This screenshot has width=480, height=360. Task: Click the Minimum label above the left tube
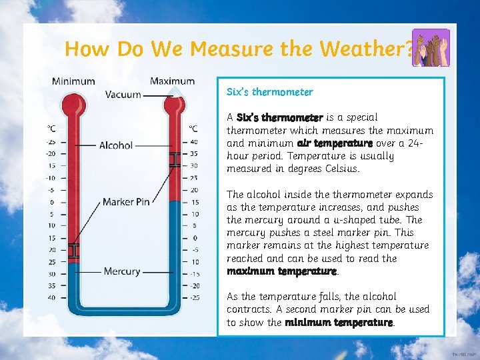73,81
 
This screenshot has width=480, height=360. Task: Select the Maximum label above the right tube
172,81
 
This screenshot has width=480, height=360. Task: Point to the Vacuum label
123,95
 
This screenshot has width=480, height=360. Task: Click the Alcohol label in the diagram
116,145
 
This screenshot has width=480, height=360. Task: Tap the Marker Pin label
126,201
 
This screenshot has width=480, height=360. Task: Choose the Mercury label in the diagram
122,271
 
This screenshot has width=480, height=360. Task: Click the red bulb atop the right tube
174,104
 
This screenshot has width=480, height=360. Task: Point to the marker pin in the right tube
174,159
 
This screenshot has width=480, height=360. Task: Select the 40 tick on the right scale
194,141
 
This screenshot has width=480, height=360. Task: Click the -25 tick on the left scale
51,141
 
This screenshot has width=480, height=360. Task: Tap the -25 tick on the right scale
194,297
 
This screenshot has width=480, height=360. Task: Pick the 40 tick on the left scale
51,297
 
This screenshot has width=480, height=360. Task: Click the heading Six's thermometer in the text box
269,91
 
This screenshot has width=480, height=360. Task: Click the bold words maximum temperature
281,271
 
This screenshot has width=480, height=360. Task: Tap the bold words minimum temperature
339,322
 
